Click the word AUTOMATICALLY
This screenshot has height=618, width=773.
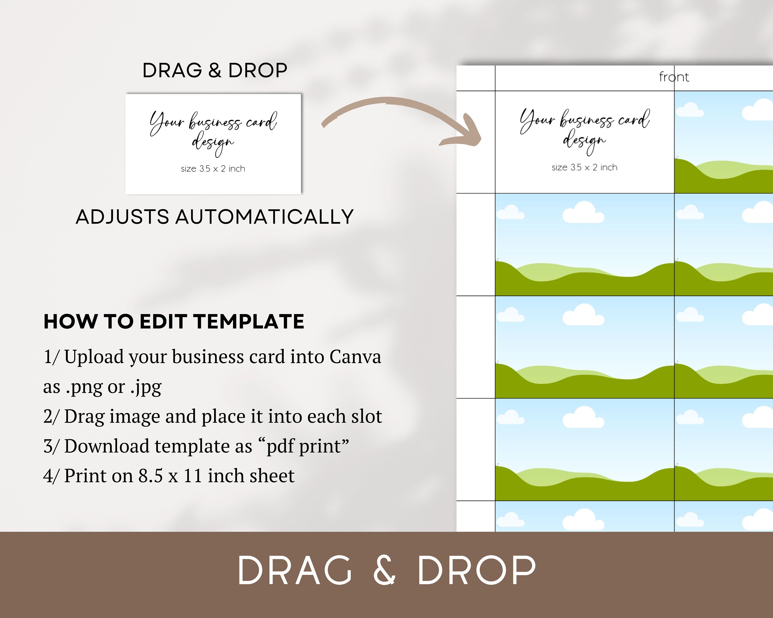tap(264, 217)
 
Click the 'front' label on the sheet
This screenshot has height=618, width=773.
tap(674, 77)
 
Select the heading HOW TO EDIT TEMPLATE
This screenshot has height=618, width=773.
tap(174, 321)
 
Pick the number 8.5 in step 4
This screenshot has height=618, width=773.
tap(150, 476)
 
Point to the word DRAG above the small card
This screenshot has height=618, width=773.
tap(172, 70)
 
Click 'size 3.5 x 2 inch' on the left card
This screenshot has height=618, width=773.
tap(213, 169)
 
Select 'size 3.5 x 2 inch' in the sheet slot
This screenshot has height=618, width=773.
tap(584, 167)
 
